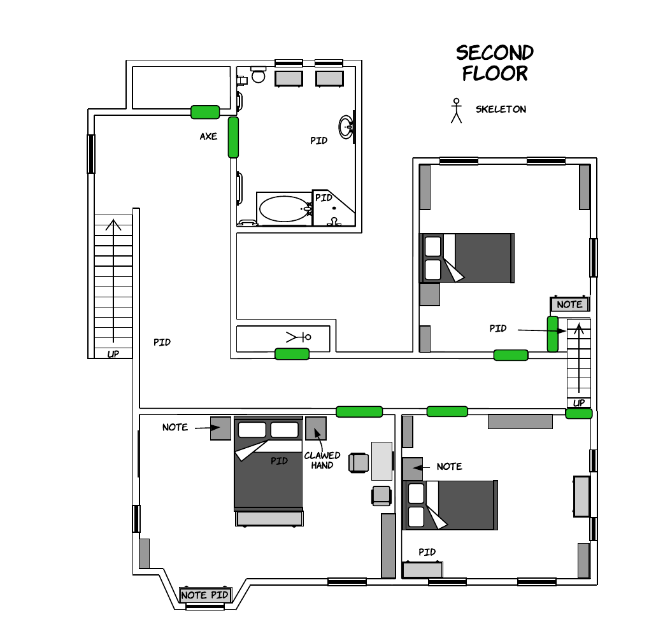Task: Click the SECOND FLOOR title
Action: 495,63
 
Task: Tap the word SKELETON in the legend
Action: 501,110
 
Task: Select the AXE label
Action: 208,136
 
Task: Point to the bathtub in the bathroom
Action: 284,209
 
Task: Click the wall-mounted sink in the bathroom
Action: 346,127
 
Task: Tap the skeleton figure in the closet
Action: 299,337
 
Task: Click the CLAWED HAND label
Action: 322,460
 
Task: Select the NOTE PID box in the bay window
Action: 205,595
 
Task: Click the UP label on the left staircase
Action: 113,354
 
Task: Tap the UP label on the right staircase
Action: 579,402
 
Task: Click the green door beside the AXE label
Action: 234,138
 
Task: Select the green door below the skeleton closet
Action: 292,354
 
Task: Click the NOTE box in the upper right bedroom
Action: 569,304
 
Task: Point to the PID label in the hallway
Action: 162,343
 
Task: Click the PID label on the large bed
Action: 279,461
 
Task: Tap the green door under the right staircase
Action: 579,413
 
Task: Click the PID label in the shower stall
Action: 324,198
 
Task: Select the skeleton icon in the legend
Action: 456,111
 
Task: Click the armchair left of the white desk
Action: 359,463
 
